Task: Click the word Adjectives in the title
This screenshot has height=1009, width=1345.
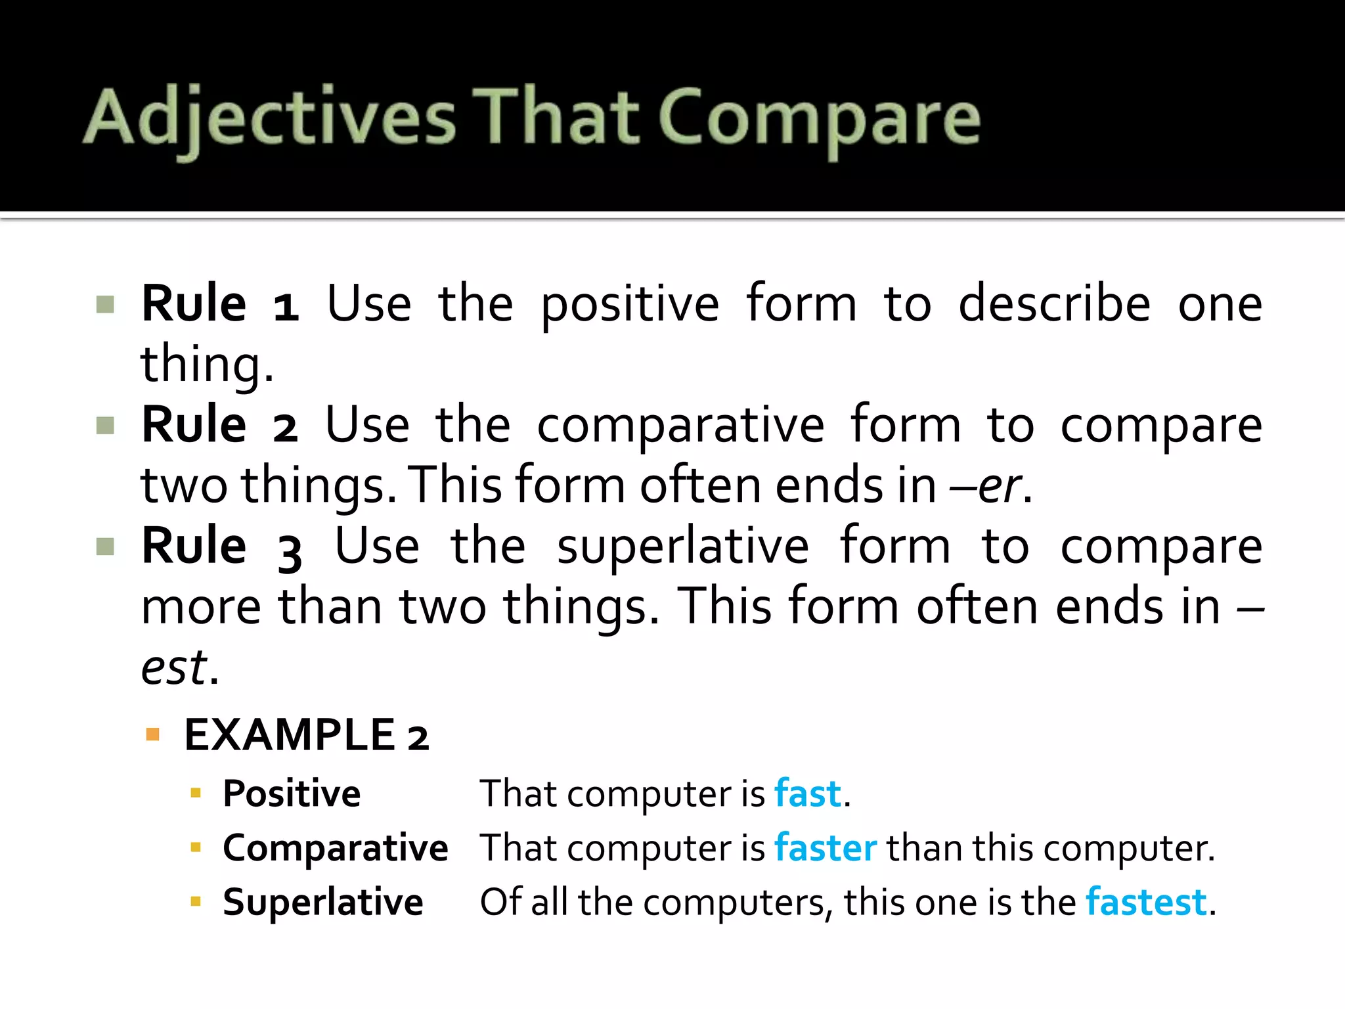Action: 269,118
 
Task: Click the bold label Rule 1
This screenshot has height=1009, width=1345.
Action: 220,303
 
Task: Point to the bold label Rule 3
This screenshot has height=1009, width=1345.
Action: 221,546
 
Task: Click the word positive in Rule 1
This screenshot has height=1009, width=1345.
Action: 629,305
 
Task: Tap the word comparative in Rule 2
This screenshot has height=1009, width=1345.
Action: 680,426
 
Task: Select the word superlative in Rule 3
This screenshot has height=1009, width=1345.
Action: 683,547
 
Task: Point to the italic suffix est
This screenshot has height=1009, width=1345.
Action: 175,667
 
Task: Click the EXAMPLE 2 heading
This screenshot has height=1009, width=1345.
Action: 306,734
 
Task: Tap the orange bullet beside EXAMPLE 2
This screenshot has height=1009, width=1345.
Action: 153,734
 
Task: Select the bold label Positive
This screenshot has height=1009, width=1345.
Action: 292,794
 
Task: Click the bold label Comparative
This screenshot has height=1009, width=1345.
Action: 335,847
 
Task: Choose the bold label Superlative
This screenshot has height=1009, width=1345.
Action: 322,902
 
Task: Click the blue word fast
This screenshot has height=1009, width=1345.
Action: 807,794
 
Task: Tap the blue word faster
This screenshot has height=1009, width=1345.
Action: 825,847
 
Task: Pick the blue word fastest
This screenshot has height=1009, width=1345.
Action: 1146,902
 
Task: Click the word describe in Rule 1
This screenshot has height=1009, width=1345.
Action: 1054,303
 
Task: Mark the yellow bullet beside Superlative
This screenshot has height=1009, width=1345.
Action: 195,901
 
